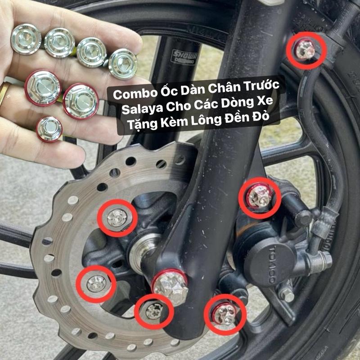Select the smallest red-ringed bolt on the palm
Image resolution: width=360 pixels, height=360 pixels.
tap(49, 129)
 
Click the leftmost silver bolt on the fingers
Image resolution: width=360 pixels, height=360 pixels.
tap(26, 39)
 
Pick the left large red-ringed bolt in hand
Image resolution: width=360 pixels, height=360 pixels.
tap(43, 87)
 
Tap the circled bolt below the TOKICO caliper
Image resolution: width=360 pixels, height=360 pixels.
tap(225, 313)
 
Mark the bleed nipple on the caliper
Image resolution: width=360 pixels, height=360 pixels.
tap(287, 293)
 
